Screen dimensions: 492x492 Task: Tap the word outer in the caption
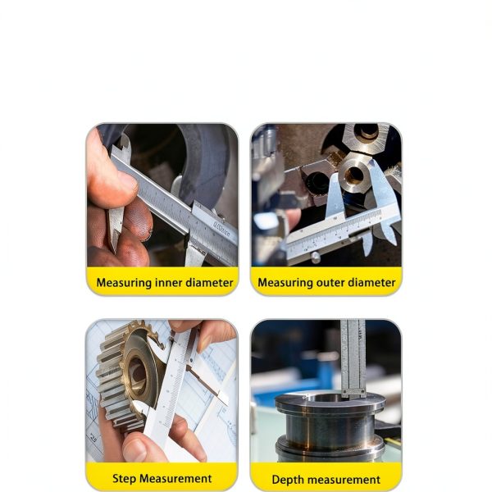click(x=330, y=283)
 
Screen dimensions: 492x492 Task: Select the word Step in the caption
click(x=125, y=479)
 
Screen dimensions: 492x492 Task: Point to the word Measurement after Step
click(x=175, y=479)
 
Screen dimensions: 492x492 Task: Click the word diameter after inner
click(x=210, y=283)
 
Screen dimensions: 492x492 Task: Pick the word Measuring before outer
click(x=285, y=283)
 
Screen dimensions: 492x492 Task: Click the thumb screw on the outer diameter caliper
click(x=316, y=257)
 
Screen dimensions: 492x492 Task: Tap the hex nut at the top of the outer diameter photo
click(x=366, y=138)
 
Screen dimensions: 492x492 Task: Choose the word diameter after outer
click(x=371, y=283)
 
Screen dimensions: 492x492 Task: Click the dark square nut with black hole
click(x=317, y=182)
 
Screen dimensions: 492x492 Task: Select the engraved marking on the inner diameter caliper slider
click(x=221, y=229)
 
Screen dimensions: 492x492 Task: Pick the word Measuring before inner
click(x=125, y=283)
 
